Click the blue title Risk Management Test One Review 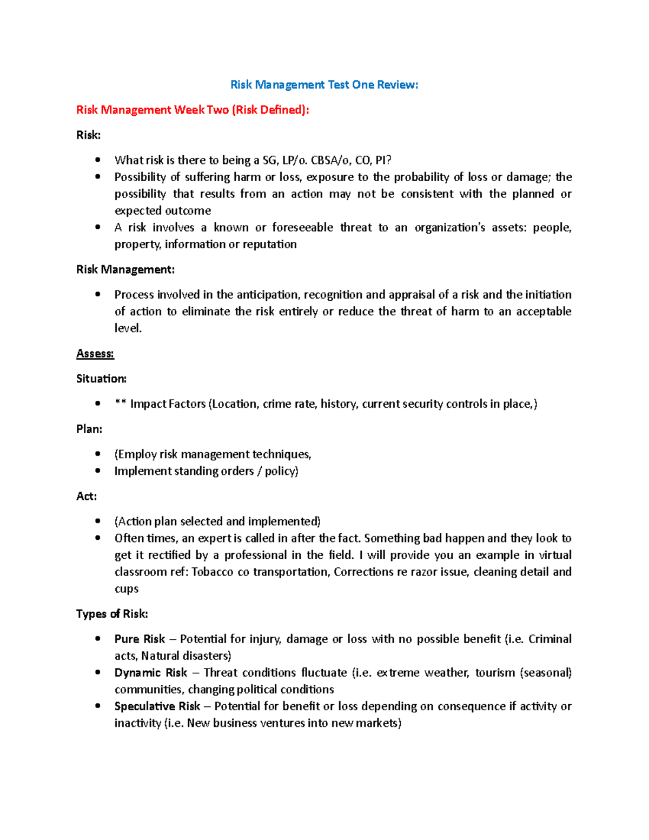pos(324,84)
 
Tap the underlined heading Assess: pos(95,354)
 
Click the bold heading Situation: pos(101,379)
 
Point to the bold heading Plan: pos(89,429)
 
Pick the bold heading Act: pos(87,496)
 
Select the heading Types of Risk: pos(112,614)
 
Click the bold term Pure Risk pos(140,639)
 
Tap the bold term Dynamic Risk pos(150,672)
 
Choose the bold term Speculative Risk pos(157,706)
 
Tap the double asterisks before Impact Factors pos(120,404)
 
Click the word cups pos(126,589)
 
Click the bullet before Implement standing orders pos(98,471)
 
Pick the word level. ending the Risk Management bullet pos(128,328)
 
